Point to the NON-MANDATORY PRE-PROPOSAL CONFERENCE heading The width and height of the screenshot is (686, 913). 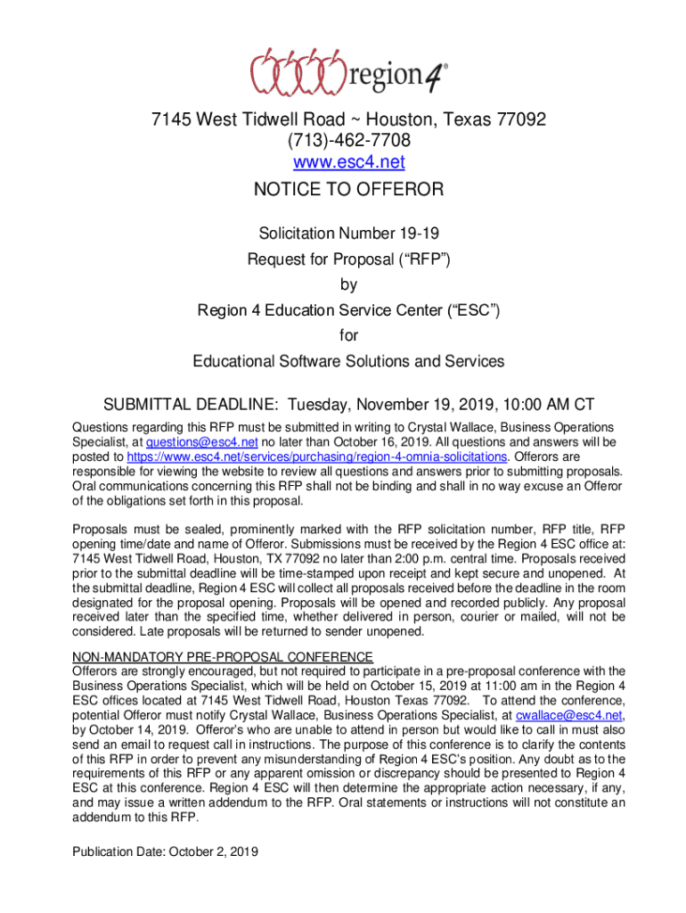[223, 657]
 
